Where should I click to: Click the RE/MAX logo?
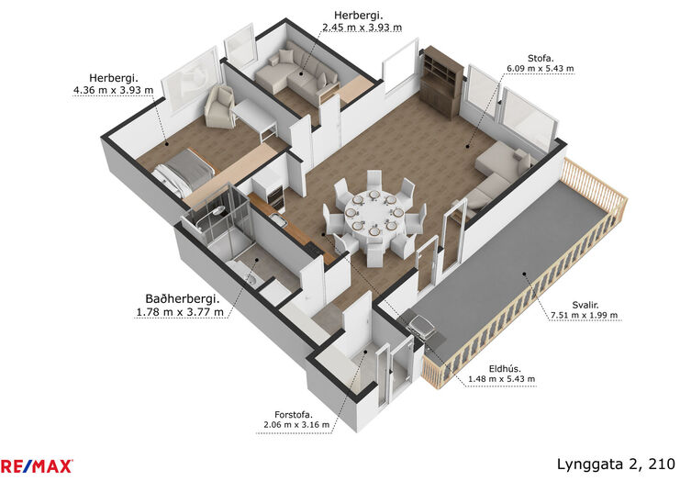pyautogui.click(x=37, y=465)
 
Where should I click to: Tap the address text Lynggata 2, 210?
pyautogui.click(x=616, y=464)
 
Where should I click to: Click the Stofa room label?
pyautogui.click(x=541, y=58)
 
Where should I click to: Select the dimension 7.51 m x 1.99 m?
pyautogui.click(x=585, y=316)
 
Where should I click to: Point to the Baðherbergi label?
pyautogui.click(x=182, y=299)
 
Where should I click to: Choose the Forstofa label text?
pyautogui.click(x=293, y=415)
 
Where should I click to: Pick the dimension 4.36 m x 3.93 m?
pyautogui.click(x=113, y=90)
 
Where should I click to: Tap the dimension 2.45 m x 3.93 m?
pyautogui.click(x=362, y=28)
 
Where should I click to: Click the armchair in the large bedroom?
pyautogui.click(x=220, y=106)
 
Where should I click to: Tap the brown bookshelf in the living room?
pyautogui.click(x=442, y=82)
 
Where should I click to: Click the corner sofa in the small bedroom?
pyautogui.click(x=296, y=73)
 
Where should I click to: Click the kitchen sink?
pyautogui.click(x=278, y=220)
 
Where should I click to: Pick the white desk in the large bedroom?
pyautogui.click(x=255, y=117)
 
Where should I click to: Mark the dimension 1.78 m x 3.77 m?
pyautogui.click(x=180, y=312)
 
